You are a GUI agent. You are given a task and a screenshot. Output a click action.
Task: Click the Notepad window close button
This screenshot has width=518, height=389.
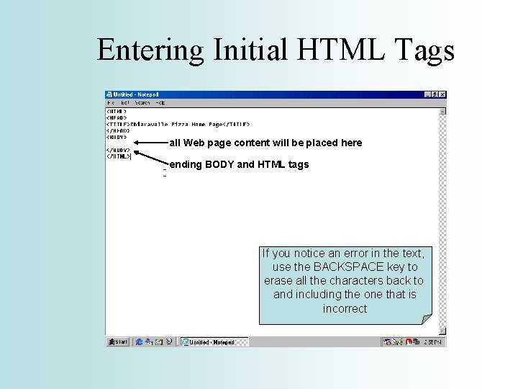(442, 94)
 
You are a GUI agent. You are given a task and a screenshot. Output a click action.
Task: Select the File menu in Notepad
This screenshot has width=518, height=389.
(112, 103)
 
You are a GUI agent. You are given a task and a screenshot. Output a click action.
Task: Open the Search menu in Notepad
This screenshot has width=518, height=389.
(142, 103)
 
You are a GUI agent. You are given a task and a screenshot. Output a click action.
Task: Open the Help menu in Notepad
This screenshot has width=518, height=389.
(160, 103)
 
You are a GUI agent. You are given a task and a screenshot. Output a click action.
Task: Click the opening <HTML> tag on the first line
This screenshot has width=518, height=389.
(117, 112)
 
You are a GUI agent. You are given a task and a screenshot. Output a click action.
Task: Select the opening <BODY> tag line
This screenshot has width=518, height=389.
(117, 136)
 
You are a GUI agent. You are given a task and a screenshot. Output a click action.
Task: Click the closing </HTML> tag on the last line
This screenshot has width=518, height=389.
(119, 156)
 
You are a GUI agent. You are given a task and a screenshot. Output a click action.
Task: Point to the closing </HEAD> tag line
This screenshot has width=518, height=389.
(117, 130)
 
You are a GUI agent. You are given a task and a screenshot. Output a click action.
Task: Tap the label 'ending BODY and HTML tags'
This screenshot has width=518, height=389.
(240, 164)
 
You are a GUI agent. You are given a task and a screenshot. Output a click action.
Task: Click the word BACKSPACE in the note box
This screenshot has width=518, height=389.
(338, 267)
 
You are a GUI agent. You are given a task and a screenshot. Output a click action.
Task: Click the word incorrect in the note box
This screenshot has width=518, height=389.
(345, 308)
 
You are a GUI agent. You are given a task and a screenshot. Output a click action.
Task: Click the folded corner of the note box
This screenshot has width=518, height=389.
(427, 319)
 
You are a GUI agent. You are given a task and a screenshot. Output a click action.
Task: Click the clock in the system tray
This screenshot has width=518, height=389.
(435, 342)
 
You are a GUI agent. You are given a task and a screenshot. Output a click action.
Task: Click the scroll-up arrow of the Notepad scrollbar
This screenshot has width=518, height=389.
(442, 112)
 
